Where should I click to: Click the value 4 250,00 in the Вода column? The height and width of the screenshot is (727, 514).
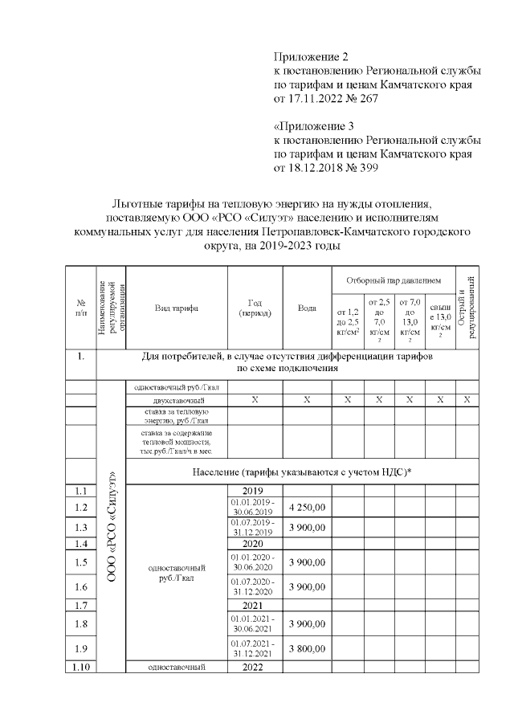click(307, 507)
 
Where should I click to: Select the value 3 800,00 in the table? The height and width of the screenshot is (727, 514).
click(307, 648)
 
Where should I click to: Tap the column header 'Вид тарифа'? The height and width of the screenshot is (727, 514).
click(177, 308)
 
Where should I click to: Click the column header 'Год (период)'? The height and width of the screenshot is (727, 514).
click(255, 308)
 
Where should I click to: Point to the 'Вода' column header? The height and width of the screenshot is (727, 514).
click(307, 308)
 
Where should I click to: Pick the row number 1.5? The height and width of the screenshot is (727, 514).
click(80, 563)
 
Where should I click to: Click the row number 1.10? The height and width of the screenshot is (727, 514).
click(80, 667)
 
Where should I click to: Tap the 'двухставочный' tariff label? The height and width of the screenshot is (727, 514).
click(177, 399)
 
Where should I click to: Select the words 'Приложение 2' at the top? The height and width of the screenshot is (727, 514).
click(312, 57)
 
